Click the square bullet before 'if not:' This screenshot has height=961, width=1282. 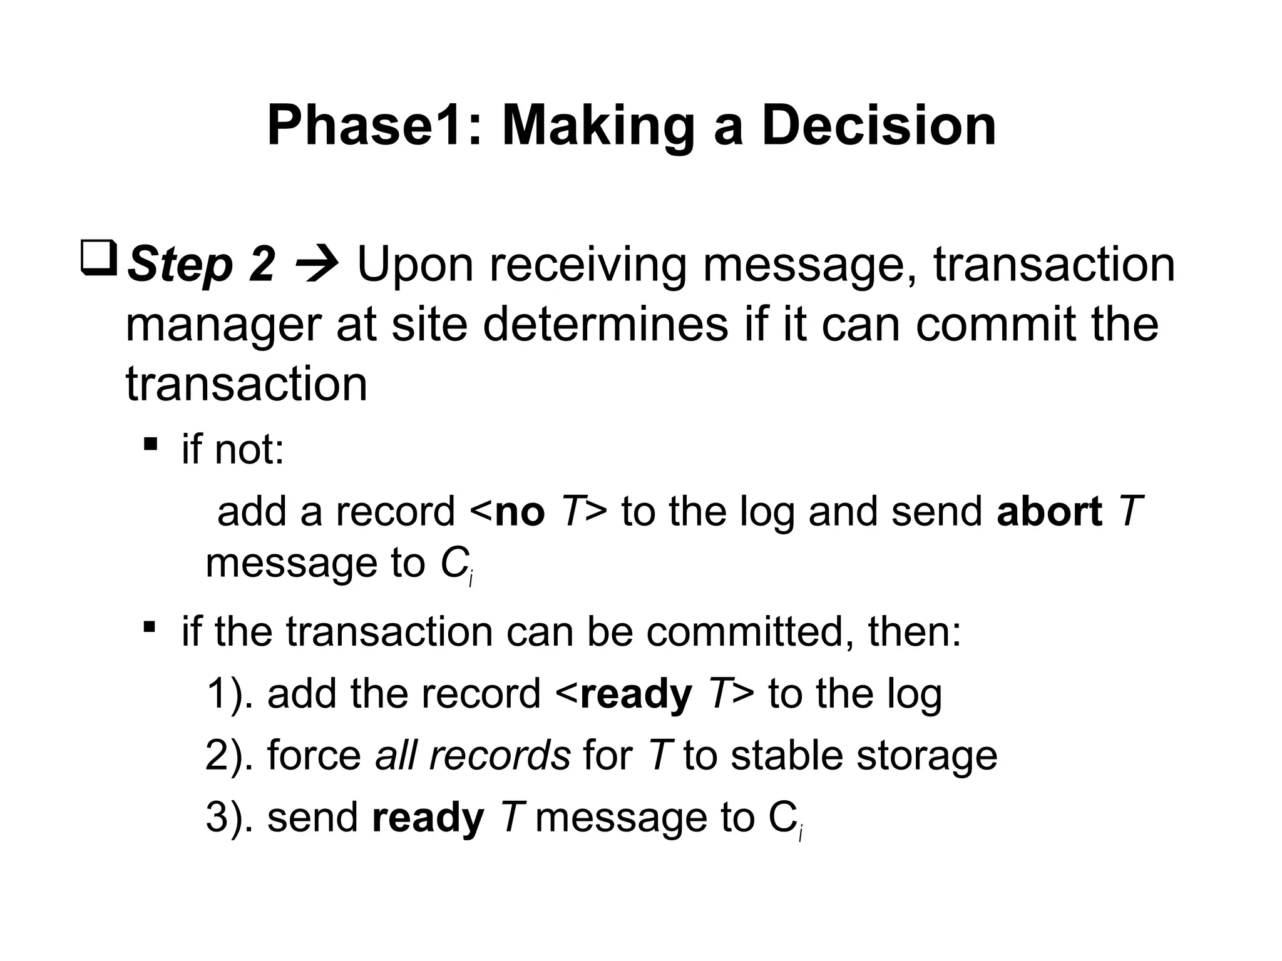click(x=150, y=445)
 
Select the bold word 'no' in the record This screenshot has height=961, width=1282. click(x=519, y=512)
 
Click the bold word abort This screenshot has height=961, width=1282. click(x=1049, y=511)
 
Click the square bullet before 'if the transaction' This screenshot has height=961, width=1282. click(x=150, y=626)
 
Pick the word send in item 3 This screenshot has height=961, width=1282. click(x=312, y=818)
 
